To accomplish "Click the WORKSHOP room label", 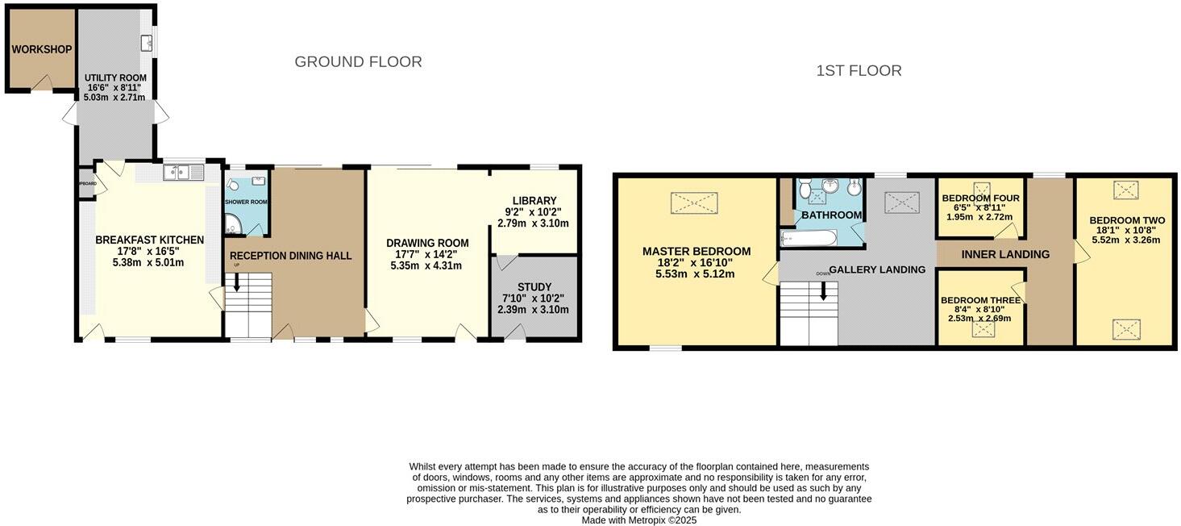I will click(41, 49).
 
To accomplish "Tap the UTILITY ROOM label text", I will click(116, 78).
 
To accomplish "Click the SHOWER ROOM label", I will click(246, 202).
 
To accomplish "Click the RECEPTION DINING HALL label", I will click(290, 256).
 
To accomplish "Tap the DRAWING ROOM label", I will click(426, 243).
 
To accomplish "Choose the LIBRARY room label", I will click(534, 201).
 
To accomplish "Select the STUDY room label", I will click(534, 287).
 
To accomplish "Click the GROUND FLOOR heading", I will click(358, 62).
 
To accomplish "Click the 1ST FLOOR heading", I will click(859, 71).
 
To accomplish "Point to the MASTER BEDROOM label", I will click(696, 252).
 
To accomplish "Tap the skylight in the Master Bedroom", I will click(693, 202).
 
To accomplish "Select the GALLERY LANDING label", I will click(877, 269).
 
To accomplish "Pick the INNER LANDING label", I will click(1004, 254).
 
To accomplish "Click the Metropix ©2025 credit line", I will click(639, 520).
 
